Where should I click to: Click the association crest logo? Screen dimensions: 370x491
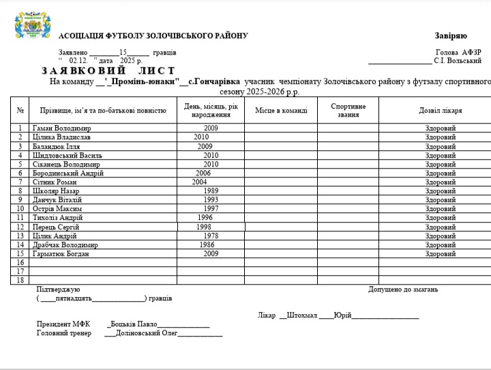(33, 25)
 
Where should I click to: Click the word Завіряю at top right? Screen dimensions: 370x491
(451, 35)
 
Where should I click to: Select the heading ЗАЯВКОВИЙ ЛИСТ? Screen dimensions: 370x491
(108, 70)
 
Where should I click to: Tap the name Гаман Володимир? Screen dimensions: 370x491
(61, 128)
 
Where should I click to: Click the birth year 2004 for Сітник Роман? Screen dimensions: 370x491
(199, 182)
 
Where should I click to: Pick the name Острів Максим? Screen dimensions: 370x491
(57, 209)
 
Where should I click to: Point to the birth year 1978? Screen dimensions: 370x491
(211, 236)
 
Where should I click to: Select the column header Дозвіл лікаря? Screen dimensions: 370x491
(440, 110)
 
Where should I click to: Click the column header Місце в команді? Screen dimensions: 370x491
(281, 110)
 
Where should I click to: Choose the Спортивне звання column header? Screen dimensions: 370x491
(348, 110)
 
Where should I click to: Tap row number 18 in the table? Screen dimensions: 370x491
(20, 280)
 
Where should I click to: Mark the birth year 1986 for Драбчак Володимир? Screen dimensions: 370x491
(207, 244)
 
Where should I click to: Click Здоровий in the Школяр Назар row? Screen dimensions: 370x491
(441, 190)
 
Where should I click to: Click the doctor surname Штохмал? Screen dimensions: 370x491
(303, 315)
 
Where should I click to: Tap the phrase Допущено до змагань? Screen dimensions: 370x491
(403, 289)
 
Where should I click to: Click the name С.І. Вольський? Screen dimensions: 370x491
(458, 61)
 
